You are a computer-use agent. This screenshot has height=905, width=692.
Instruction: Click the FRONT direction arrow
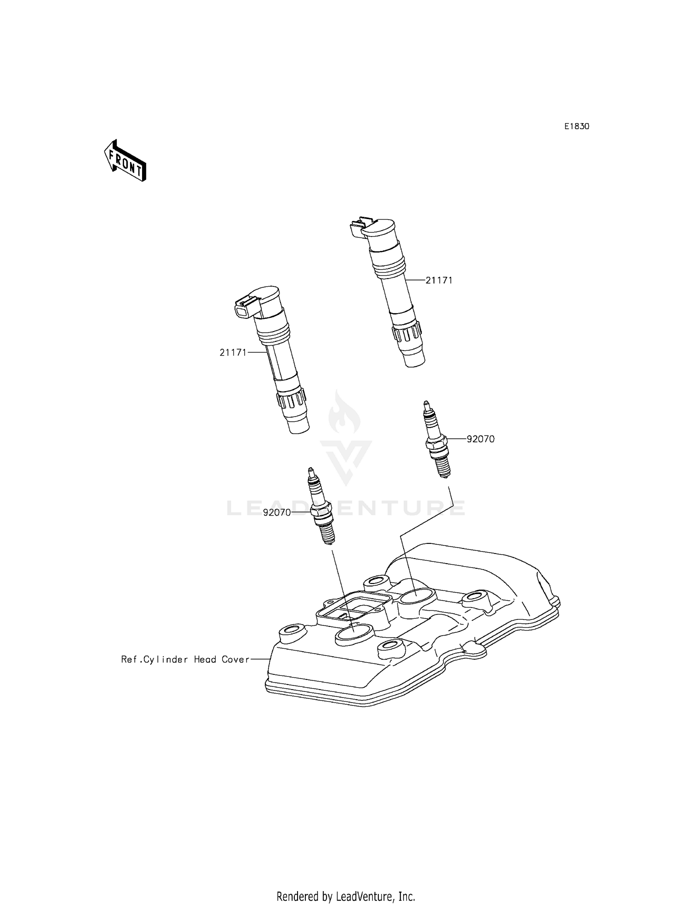(x=125, y=161)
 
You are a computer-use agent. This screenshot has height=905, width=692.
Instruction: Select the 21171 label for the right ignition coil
(x=438, y=280)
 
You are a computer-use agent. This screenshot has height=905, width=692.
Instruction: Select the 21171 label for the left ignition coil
(x=233, y=352)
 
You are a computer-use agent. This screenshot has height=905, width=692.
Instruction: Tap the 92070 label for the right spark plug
(x=480, y=439)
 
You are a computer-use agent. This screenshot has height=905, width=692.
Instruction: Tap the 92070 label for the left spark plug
(x=277, y=512)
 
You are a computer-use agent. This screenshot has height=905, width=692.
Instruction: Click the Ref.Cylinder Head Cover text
(x=185, y=660)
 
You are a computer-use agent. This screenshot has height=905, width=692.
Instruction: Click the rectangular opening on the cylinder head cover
(x=351, y=609)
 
